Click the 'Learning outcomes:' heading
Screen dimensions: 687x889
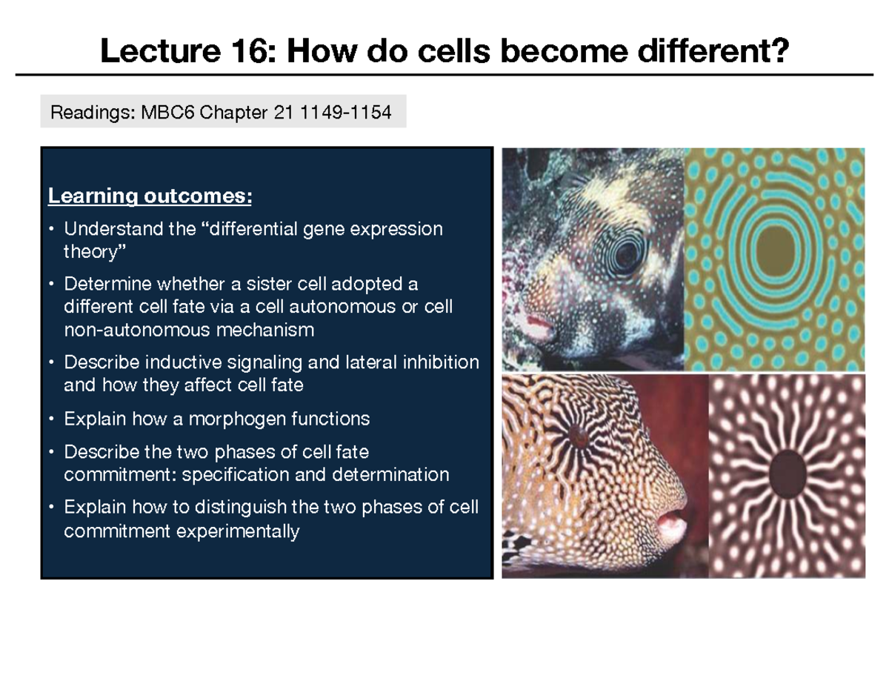(150, 196)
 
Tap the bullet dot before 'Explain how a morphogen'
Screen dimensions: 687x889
(50, 419)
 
